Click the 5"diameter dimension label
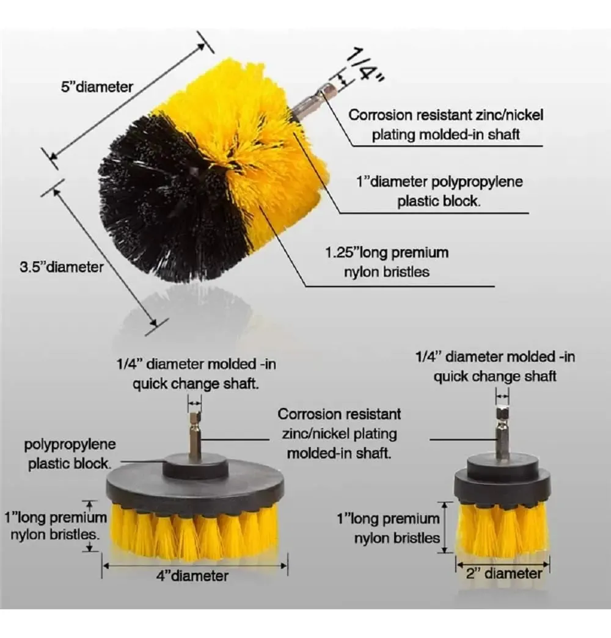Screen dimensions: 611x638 click(x=97, y=87)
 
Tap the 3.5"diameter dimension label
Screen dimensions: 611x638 click(x=62, y=267)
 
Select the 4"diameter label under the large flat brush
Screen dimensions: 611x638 click(x=192, y=576)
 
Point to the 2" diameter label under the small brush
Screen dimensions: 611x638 click(x=504, y=573)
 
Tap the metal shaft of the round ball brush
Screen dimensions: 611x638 click(x=314, y=99)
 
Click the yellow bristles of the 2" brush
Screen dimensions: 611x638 click(x=503, y=527)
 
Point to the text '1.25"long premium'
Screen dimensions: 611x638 click(x=387, y=253)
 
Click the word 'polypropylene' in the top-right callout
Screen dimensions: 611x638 click(x=477, y=182)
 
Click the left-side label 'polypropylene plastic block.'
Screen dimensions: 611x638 click(x=70, y=454)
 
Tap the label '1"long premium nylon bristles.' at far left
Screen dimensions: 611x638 click(x=56, y=526)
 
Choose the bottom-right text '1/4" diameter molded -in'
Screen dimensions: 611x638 click(x=495, y=357)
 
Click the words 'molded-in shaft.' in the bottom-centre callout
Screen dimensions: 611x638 click(x=339, y=453)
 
